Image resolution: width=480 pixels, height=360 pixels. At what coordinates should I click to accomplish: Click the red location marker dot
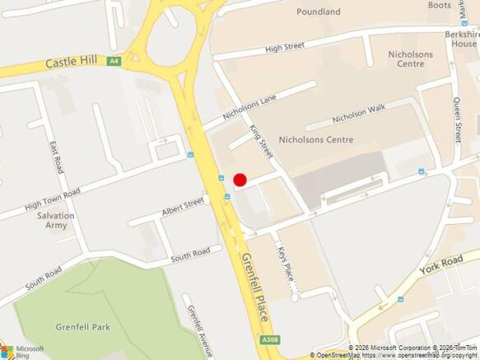[x=240, y=180]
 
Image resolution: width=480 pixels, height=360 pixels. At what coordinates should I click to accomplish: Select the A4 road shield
[x=113, y=60]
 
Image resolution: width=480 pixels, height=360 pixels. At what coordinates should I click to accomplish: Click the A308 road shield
[x=268, y=340]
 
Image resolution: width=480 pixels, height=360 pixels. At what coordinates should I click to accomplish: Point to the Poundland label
[x=319, y=12]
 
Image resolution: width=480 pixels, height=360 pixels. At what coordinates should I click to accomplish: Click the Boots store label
[x=439, y=5]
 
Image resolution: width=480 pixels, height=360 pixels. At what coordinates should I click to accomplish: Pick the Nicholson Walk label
[x=358, y=114]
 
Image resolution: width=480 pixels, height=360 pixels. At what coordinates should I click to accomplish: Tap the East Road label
[x=55, y=157]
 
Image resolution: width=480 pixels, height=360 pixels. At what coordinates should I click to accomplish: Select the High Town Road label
[x=52, y=199]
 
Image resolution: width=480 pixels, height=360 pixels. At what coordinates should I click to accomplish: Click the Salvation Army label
[x=55, y=221]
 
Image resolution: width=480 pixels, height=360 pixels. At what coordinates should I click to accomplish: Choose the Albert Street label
[x=183, y=208]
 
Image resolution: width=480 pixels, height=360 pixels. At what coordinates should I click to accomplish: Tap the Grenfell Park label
[x=82, y=327]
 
